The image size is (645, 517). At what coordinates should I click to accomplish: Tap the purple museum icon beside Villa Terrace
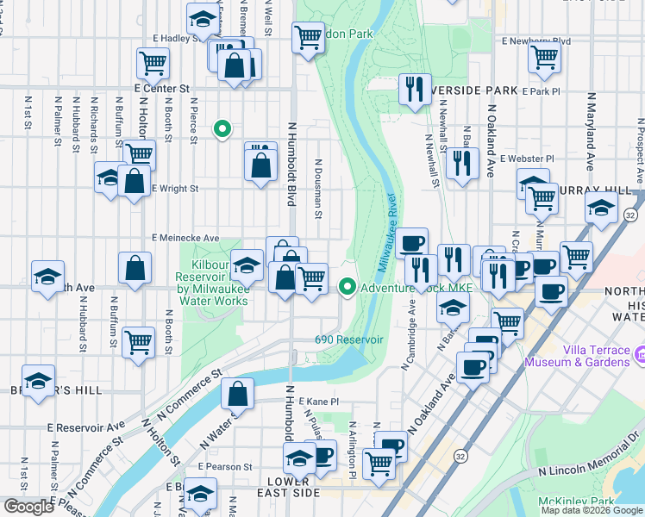click(x=639, y=354)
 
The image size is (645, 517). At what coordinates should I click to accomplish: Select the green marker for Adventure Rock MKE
click(x=348, y=287)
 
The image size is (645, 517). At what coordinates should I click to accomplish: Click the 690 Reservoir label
click(x=348, y=339)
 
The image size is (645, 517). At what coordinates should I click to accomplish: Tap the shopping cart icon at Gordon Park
click(x=308, y=38)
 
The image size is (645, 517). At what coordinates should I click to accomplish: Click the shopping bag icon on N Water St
click(x=237, y=394)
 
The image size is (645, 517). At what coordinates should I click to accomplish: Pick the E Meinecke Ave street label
click(x=185, y=238)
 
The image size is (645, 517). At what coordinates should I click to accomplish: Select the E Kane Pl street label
click(x=319, y=402)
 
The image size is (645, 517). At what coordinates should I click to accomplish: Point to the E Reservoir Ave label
click(x=86, y=427)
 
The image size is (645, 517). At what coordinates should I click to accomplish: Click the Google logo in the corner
click(x=28, y=507)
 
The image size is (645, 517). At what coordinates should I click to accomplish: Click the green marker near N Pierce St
click(x=222, y=130)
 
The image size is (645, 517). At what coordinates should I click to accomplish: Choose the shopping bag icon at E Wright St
click(x=134, y=182)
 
